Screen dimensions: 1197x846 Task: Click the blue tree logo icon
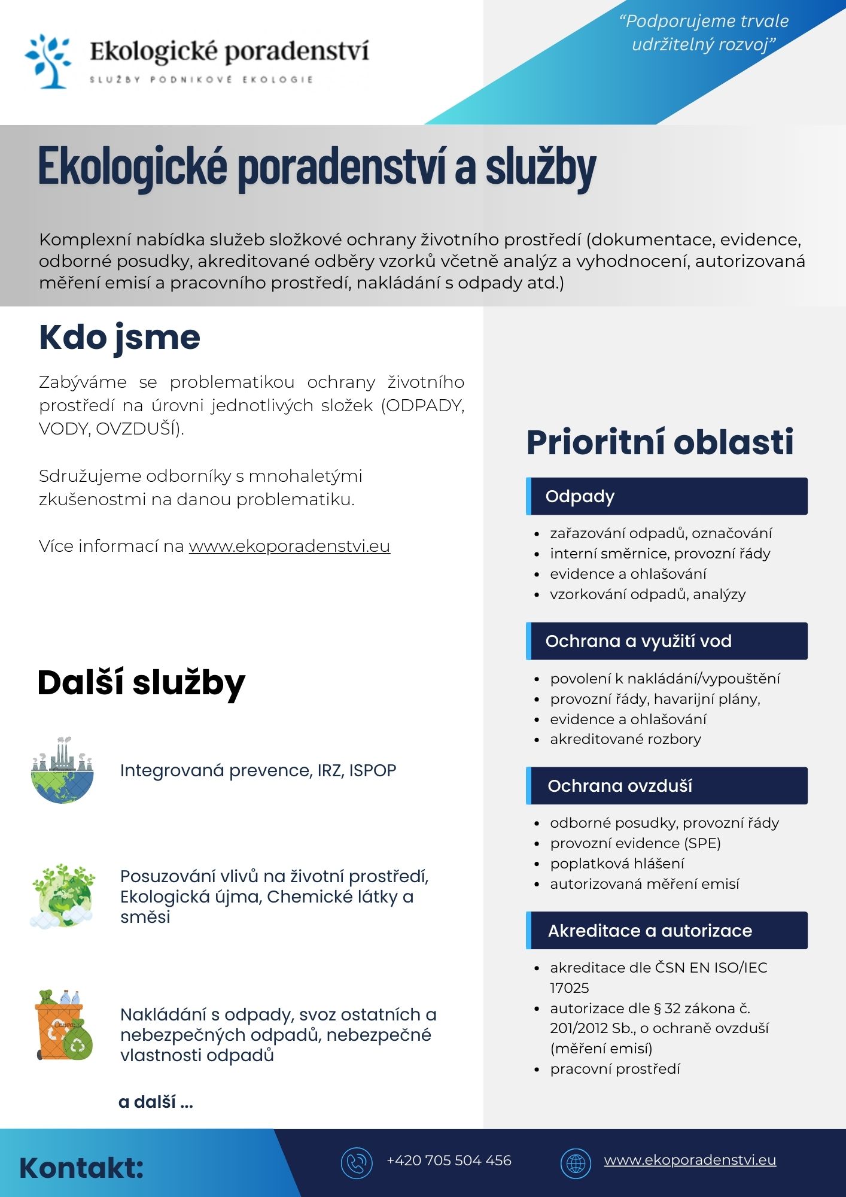(x=48, y=61)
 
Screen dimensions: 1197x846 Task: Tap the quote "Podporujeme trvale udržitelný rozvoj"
(x=704, y=33)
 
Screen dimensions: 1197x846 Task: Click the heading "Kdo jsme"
(x=120, y=338)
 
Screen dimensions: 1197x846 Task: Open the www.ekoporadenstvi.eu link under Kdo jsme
(x=290, y=546)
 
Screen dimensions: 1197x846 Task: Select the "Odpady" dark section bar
(x=667, y=496)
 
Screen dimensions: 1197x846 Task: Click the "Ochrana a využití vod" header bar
(x=667, y=641)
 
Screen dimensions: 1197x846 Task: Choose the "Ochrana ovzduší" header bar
(x=667, y=786)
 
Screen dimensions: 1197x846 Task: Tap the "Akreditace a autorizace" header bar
(x=667, y=931)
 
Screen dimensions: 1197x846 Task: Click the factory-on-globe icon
(x=62, y=770)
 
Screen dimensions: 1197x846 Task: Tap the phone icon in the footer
(x=357, y=1163)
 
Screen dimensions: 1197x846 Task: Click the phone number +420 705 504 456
(x=449, y=1160)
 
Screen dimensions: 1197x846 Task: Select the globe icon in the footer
(x=576, y=1163)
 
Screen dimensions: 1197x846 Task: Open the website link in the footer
(x=690, y=1160)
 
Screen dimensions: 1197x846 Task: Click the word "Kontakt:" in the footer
(x=81, y=1168)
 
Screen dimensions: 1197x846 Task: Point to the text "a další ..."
(x=156, y=1102)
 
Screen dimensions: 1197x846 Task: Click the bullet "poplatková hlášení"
(x=617, y=864)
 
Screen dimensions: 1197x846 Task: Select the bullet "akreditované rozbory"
(x=625, y=739)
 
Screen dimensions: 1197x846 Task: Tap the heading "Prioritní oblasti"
(x=660, y=442)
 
